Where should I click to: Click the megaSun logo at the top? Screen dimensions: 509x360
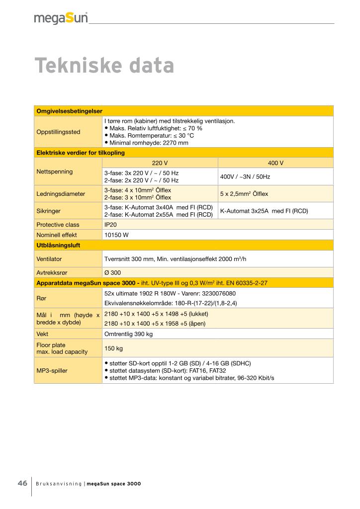pyautogui.click(x=61, y=18)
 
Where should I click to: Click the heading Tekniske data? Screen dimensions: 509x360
pyautogui.click(x=104, y=66)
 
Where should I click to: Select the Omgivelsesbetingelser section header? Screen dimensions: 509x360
pyautogui.click(x=69, y=111)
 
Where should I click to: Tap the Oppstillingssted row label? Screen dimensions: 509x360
pyautogui.click(x=58, y=132)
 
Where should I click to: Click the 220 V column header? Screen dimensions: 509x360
pyautogui.click(x=160, y=163)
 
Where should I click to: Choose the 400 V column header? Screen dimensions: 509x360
pyautogui.click(x=275, y=163)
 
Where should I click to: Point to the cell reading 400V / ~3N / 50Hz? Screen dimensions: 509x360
pyautogui.click(x=245, y=176)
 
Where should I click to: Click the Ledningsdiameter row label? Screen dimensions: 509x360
pyautogui.click(x=61, y=194)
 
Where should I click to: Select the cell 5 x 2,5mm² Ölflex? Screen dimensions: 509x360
pyautogui.click(x=244, y=194)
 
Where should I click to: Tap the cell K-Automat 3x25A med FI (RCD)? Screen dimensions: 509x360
pyautogui.click(x=264, y=211)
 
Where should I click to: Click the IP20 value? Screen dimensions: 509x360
pyautogui.click(x=110, y=224)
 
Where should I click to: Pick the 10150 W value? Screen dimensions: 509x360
pyautogui.click(x=116, y=235)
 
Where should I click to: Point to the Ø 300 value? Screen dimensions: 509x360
pyautogui.click(x=112, y=272)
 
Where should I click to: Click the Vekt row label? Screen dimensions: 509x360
pyautogui.click(x=43, y=334)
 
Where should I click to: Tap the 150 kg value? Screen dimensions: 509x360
pyautogui.click(x=113, y=348)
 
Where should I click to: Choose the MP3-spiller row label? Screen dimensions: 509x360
pyautogui.click(x=52, y=370)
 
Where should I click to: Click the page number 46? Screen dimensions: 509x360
pyautogui.click(x=22, y=484)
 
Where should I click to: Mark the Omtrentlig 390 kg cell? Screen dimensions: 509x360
pyautogui.click(x=128, y=334)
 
